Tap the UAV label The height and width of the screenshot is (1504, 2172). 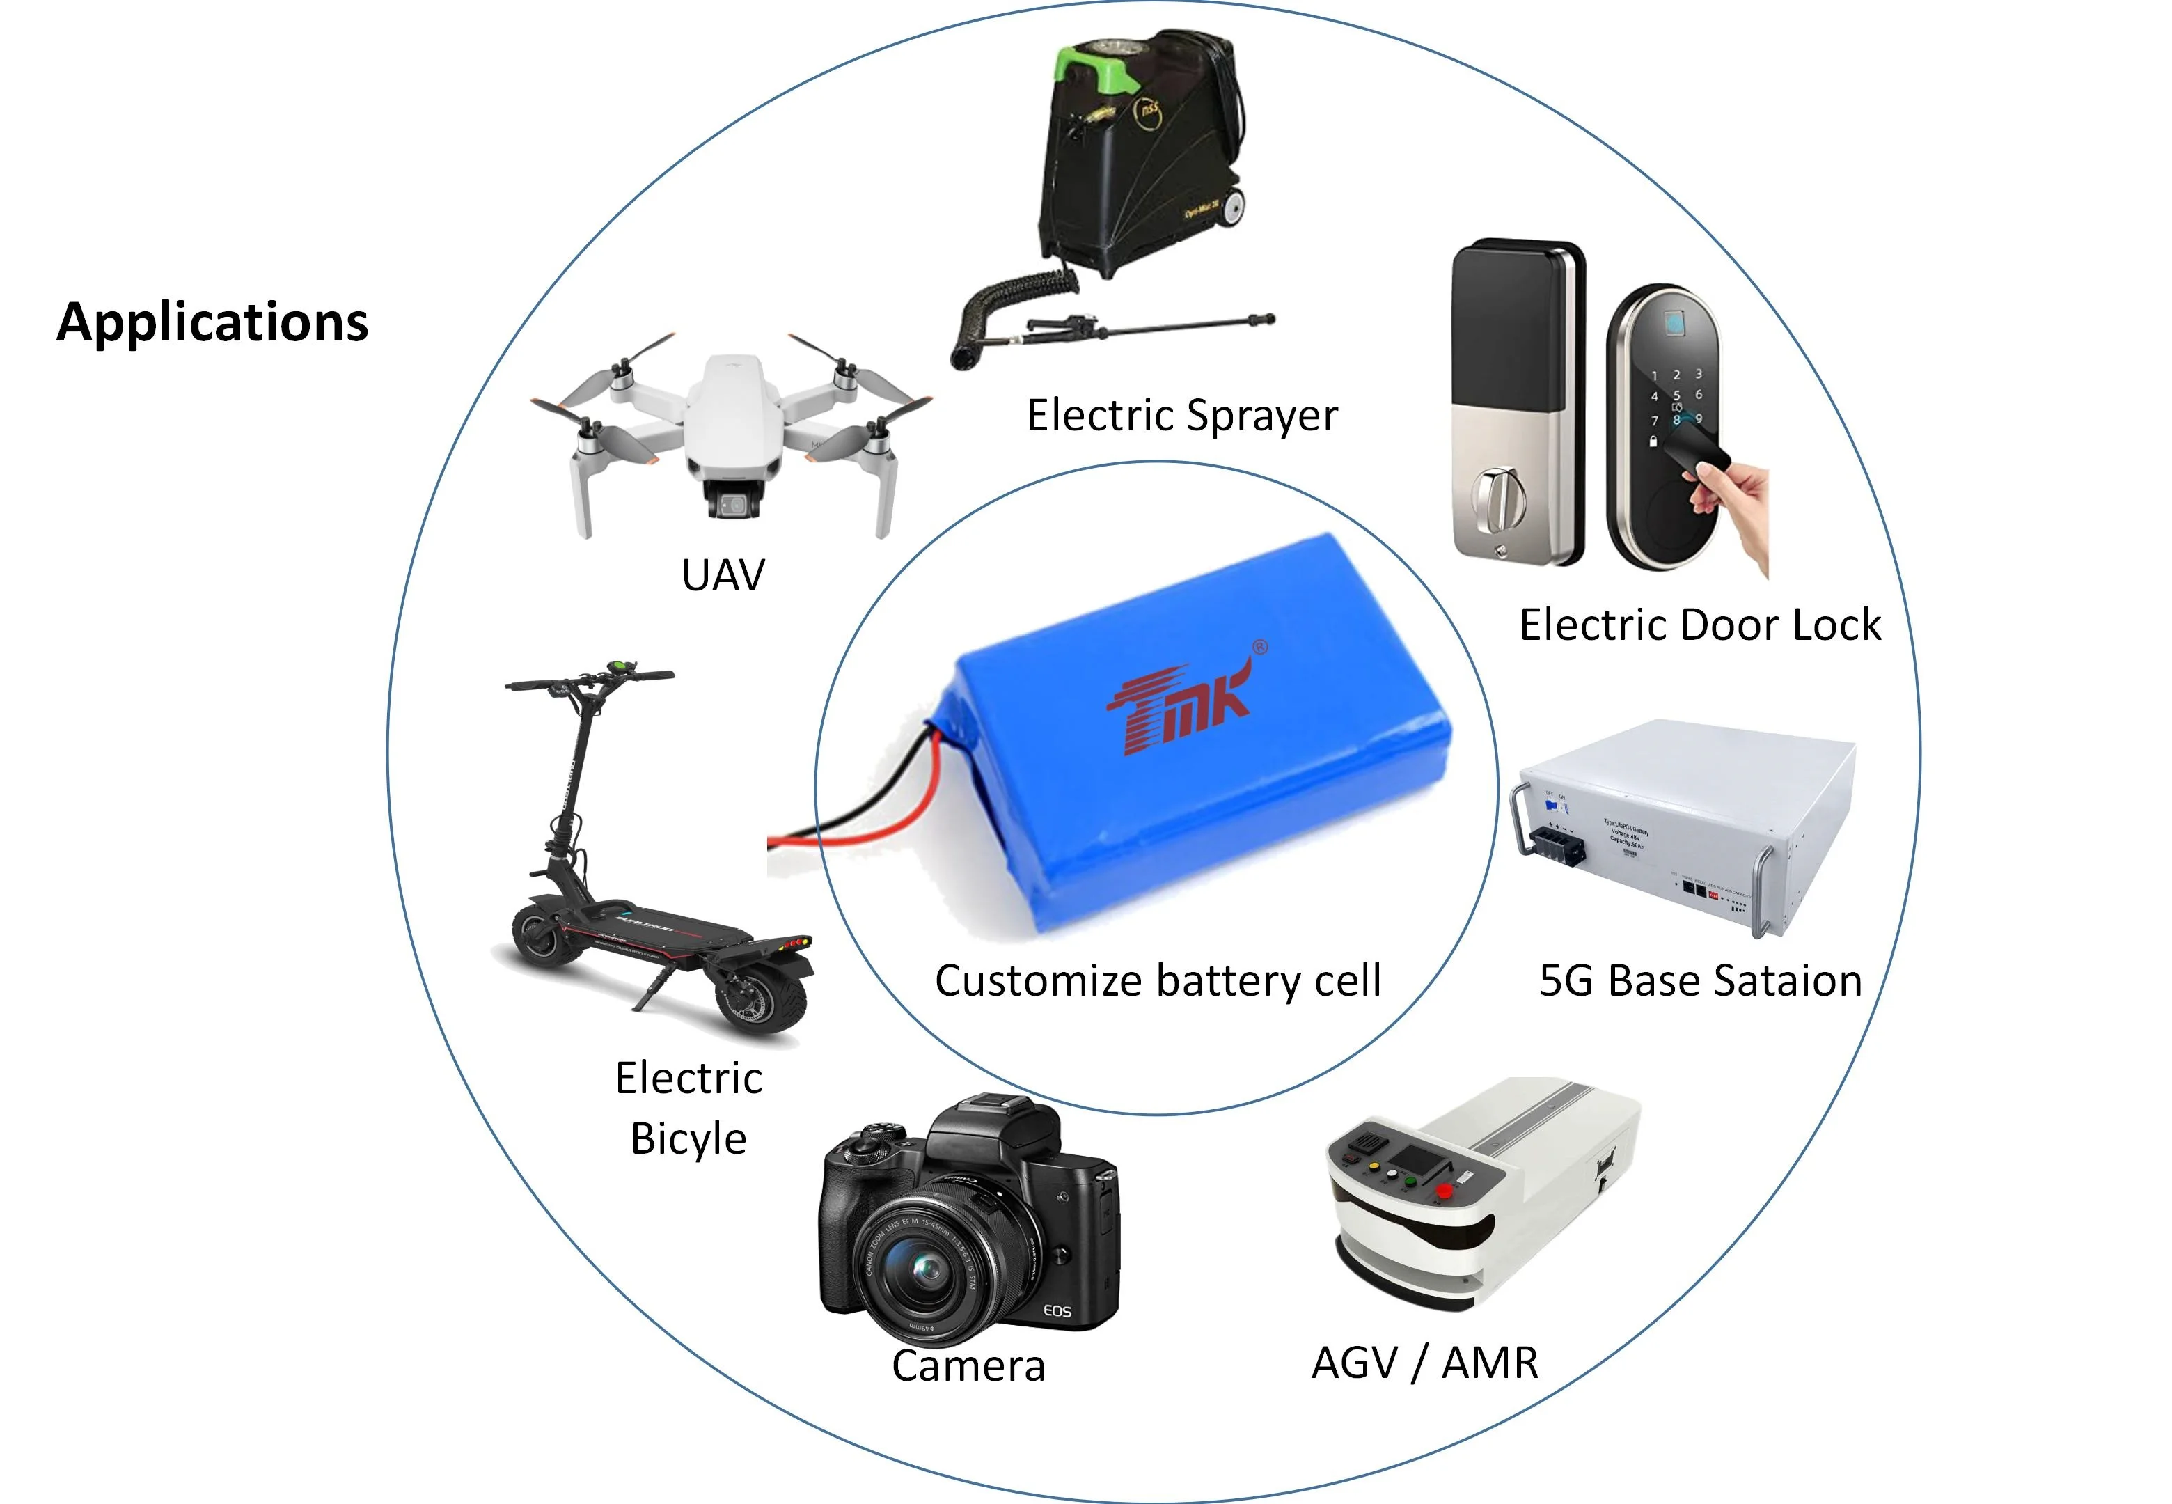tap(723, 575)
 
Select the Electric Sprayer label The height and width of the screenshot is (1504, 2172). tap(1181, 416)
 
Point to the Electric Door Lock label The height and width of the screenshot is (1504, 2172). tap(1700, 625)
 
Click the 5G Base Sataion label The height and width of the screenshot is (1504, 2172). tap(1700, 981)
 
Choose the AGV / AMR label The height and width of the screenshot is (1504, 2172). tap(1424, 1363)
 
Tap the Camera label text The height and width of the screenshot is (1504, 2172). tap(968, 1365)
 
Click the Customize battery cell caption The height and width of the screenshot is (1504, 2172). tap(1158, 981)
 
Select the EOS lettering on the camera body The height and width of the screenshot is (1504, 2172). tap(1057, 1311)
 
